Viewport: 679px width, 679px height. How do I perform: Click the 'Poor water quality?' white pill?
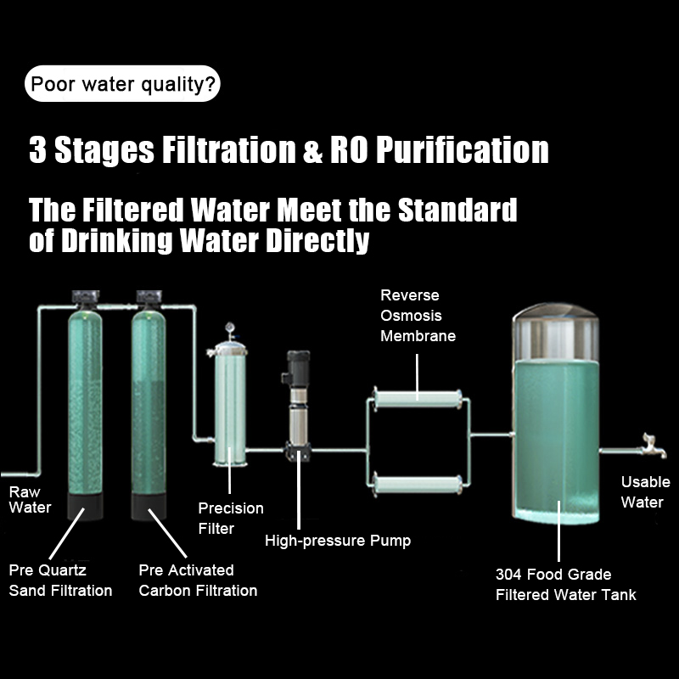[x=122, y=84]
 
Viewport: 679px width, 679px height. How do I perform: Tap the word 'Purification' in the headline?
[x=462, y=150]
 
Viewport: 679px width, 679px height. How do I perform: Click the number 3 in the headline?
[x=37, y=150]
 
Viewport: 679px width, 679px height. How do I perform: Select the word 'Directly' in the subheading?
[x=317, y=240]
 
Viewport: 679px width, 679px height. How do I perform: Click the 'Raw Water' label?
[x=30, y=500]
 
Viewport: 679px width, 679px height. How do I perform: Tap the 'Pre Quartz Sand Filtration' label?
[x=60, y=580]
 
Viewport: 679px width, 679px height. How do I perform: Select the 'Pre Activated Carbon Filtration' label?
[x=198, y=580]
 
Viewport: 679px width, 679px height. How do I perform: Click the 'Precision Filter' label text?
[x=231, y=518]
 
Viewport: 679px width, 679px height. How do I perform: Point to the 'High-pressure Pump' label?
[x=338, y=541]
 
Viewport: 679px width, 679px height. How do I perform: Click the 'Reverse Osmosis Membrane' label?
[x=418, y=316]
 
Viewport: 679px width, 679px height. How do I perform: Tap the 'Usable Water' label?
[x=645, y=491]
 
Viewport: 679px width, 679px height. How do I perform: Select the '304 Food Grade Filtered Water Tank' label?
[x=565, y=584]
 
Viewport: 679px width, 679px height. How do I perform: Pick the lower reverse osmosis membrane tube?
[x=418, y=486]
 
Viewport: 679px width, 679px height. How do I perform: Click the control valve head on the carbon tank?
[x=149, y=298]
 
